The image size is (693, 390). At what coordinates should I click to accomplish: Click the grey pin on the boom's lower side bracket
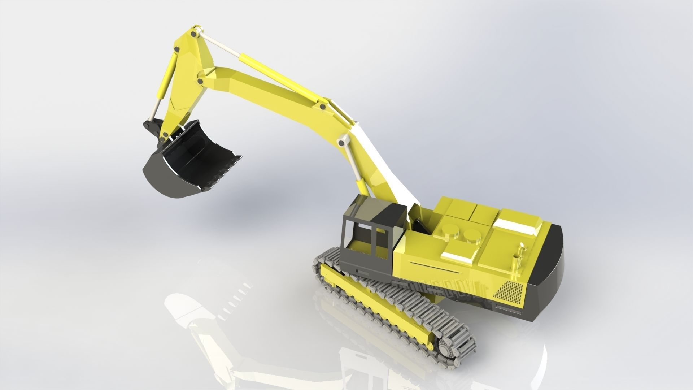coord(341,142)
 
